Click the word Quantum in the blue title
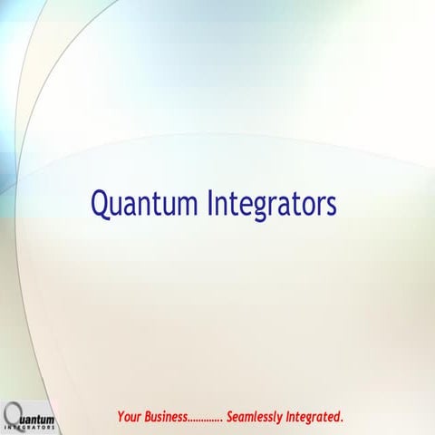coord(144,203)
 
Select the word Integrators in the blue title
coord(273,203)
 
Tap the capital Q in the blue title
coord(101,203)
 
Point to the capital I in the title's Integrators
coord(213,202)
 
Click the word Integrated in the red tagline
coord(314,417)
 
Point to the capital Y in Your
coord(120,417)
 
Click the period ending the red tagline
coord(342,420)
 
